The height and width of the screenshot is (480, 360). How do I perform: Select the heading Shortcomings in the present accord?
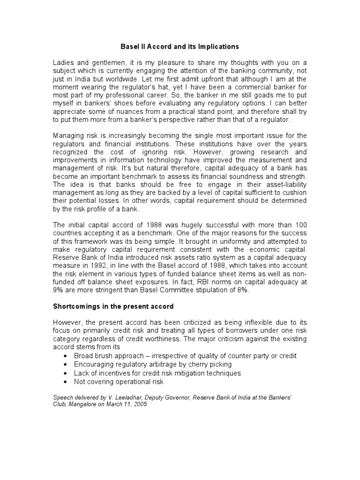coord(113,307)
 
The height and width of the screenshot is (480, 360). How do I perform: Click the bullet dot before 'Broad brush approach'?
coord(64,356)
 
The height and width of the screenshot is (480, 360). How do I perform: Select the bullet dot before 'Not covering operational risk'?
coord(64,382)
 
